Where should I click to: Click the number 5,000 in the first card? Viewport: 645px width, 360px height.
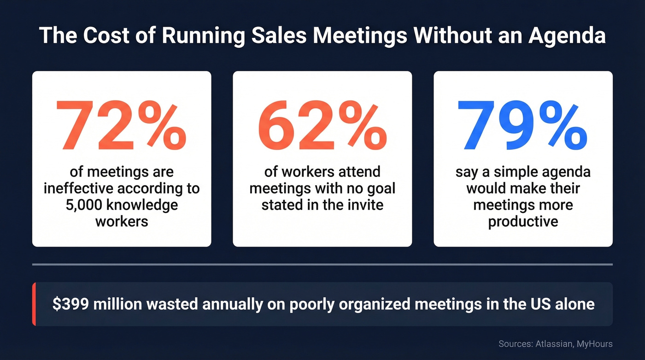click(82, 204)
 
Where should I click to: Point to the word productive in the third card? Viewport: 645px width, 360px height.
click(523, 221)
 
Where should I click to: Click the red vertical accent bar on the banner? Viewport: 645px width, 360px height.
click(34, 304)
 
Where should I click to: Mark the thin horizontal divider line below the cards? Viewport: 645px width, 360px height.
click(322, 265)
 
